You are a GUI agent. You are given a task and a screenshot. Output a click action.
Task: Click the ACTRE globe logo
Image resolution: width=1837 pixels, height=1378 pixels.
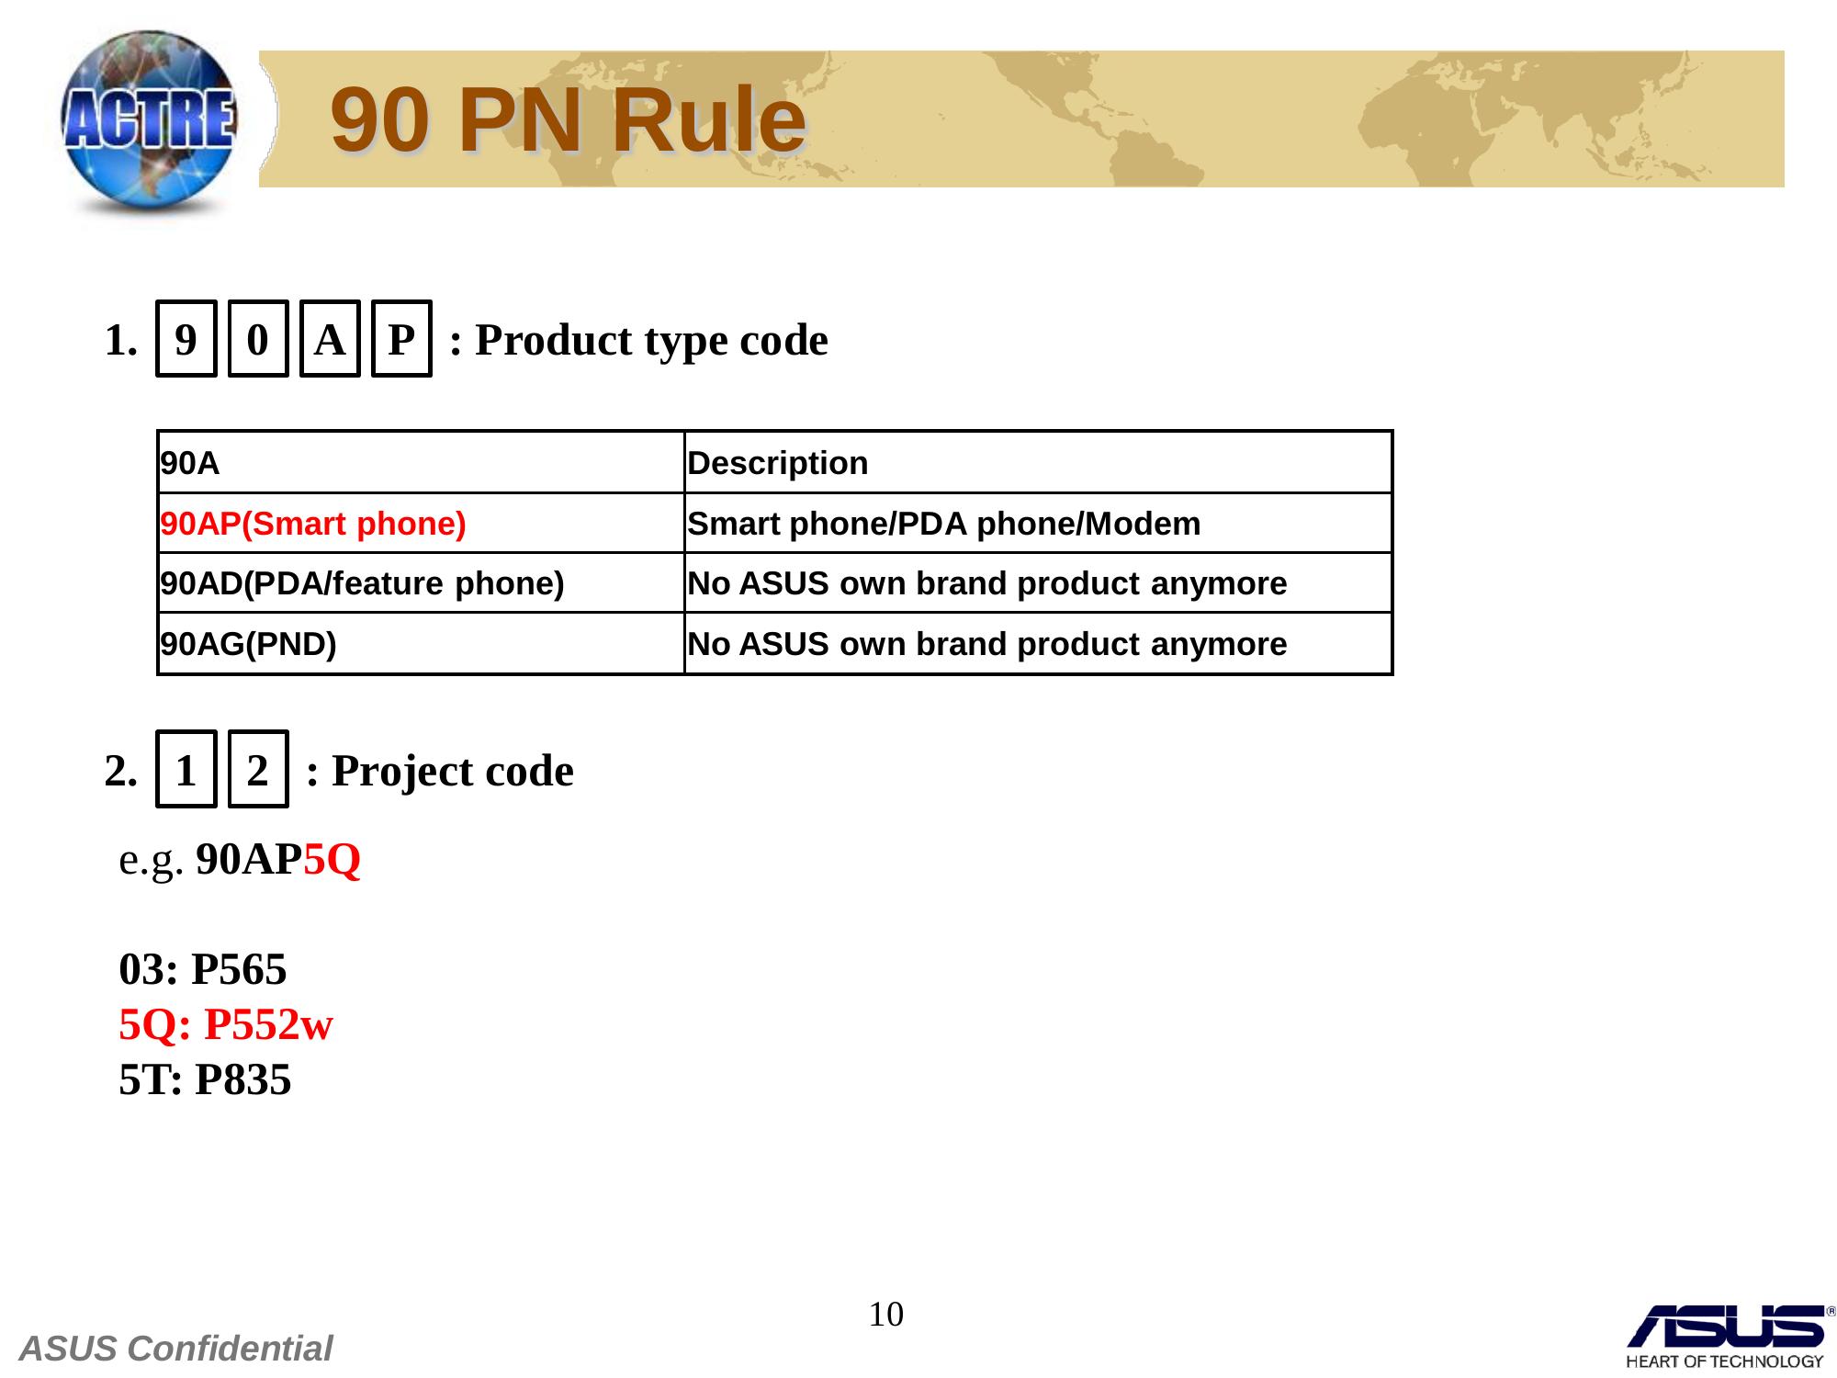pyautogui.click(x=149, y=124)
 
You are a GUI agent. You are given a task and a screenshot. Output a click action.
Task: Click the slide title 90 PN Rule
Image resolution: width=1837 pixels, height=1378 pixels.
pyautogui.click(x=569, y=120)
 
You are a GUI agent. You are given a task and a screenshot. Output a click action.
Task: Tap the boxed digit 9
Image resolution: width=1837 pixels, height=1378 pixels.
pyautogui.click(x=186, y=339)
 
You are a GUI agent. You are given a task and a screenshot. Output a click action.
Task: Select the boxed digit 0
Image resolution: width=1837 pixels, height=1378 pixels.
pyautogui.click(x=258, y=339)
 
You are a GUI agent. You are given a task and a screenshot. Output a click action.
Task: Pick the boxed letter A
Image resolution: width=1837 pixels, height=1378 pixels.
pyautogui.click(x=330, y=339)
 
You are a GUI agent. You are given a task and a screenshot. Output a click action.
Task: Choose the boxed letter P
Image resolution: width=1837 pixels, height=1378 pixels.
pyautogui.click(x=401, y=339)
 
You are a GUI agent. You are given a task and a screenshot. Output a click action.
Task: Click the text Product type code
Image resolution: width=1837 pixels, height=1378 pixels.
pyautogui.click(x=651, y=341)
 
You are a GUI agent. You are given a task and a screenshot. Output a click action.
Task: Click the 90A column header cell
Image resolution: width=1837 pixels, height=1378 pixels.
pyautogui.click(x=422, y=462)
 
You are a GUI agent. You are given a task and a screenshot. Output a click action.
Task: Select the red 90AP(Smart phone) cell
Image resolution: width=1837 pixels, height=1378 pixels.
pyautogui.click(x=422, y=524)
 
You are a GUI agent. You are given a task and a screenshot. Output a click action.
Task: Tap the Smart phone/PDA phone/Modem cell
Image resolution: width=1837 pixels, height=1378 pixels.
pyautogui.click(x=1039, y=524)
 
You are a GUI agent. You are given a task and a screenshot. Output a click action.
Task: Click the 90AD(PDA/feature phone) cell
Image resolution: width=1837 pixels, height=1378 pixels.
pyautogui.click(x=422, y=583)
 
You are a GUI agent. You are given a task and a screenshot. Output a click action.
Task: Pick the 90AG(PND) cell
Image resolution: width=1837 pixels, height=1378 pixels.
pyautogui.click(x=422, y=644)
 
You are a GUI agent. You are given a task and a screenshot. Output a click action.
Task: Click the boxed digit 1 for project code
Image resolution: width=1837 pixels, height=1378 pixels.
pyautogui.click(x=186, y=770)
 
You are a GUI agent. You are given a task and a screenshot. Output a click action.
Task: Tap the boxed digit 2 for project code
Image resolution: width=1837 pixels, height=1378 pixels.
pyautogui.click(x=258, y=770)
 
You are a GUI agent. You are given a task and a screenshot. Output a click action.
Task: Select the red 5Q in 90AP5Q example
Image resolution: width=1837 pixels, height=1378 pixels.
pyautogui.click(x=332, y=860)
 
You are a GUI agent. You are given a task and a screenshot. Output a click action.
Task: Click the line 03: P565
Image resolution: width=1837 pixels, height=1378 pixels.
pyautogui.click(x=203, y=969)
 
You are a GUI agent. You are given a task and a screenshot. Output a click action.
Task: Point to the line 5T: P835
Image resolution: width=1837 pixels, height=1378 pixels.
pyautogui.click(x=205, y=1079)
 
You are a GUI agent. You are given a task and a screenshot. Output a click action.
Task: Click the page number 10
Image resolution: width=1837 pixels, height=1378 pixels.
pyautogui.click(x=886, y=1315)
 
